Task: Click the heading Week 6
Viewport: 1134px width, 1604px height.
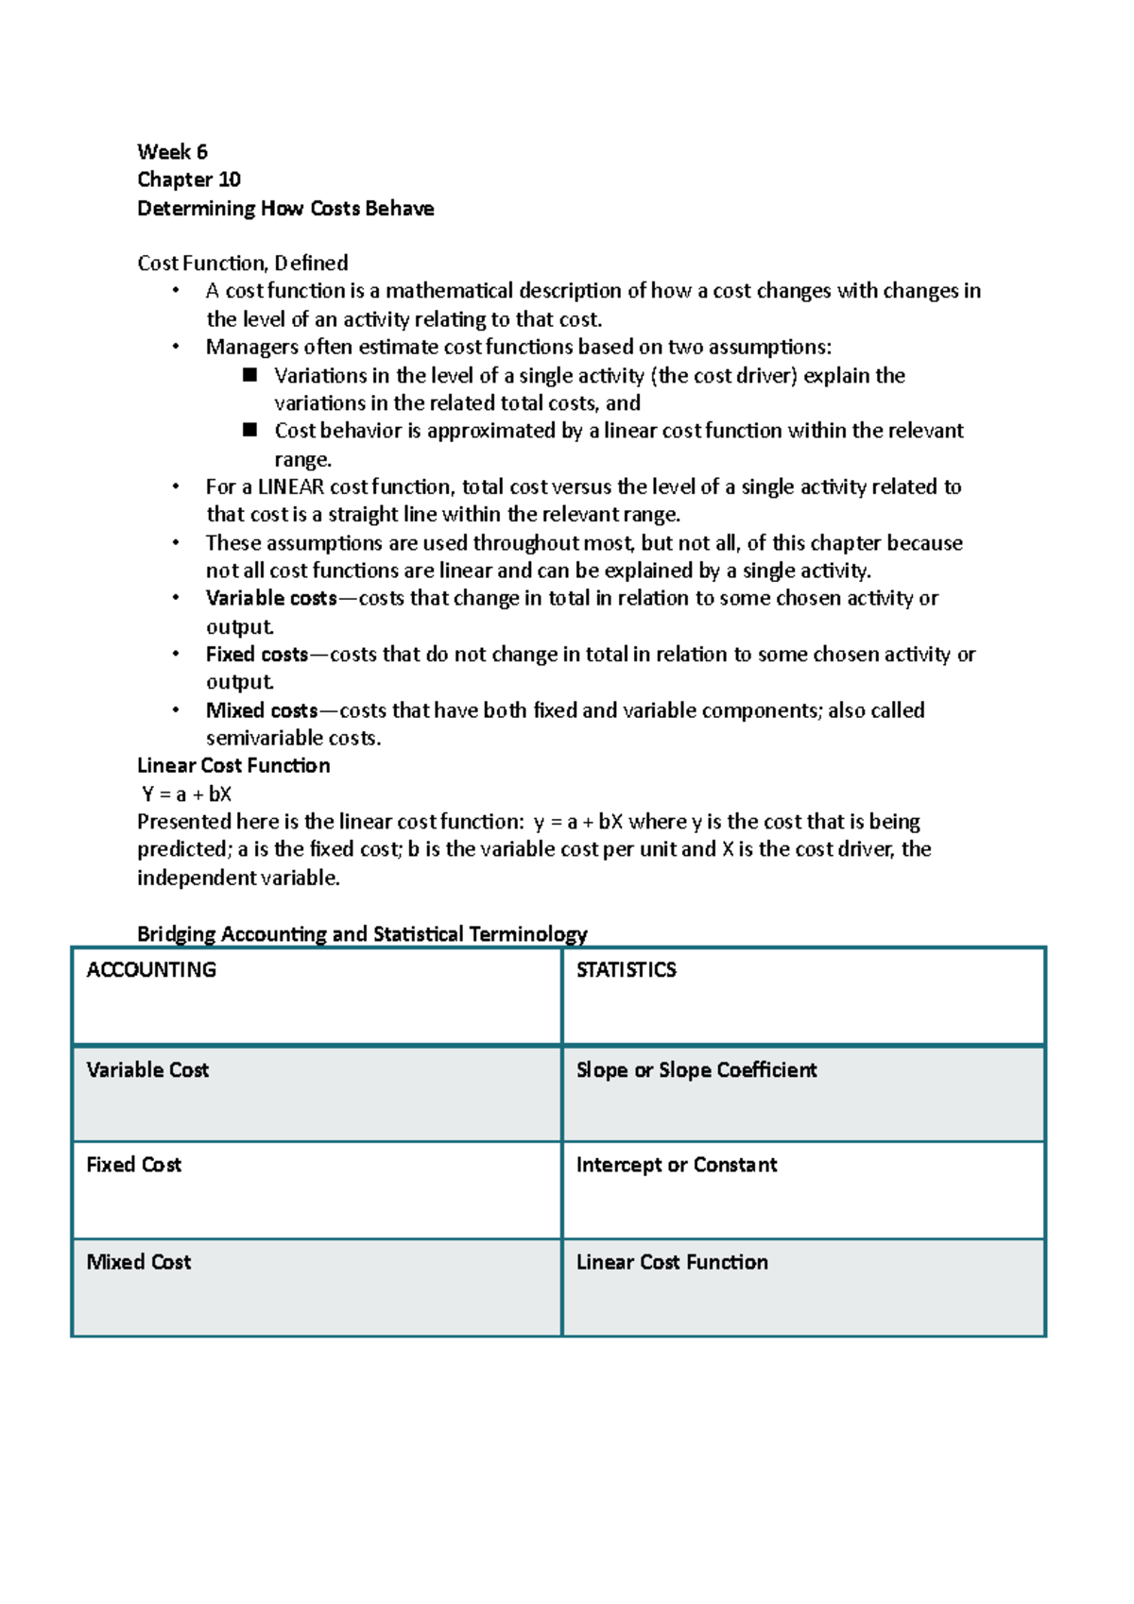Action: point(172,152)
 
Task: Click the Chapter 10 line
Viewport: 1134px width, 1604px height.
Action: point(189,179)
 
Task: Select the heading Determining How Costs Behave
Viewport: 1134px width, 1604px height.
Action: point(285,209)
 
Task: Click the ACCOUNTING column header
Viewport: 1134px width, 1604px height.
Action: point(151,970)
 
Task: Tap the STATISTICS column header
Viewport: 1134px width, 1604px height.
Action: point(626,970)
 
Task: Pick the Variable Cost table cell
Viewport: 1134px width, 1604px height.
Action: point(147,1070)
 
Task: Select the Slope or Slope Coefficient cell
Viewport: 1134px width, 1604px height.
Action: point(696,1070)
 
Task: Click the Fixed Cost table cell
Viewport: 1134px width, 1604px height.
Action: point(133,1165)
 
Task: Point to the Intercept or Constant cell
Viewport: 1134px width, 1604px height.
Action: point(677,1165)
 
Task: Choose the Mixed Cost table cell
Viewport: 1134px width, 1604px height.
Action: point(139,1262)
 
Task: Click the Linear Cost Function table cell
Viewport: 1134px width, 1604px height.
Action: point(672,1262)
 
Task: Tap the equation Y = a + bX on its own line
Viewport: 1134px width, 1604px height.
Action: point(186,794)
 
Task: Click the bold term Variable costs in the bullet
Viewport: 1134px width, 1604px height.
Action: point(271,599)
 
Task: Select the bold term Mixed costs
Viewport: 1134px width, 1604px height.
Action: point(262,710)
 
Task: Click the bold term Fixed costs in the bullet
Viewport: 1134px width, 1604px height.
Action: point(257,655)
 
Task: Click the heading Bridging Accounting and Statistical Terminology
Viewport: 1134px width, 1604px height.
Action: point(362,934)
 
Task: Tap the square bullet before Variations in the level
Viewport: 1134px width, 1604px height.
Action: point(250,375)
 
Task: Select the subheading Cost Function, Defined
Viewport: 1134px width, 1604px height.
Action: point(243,264)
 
